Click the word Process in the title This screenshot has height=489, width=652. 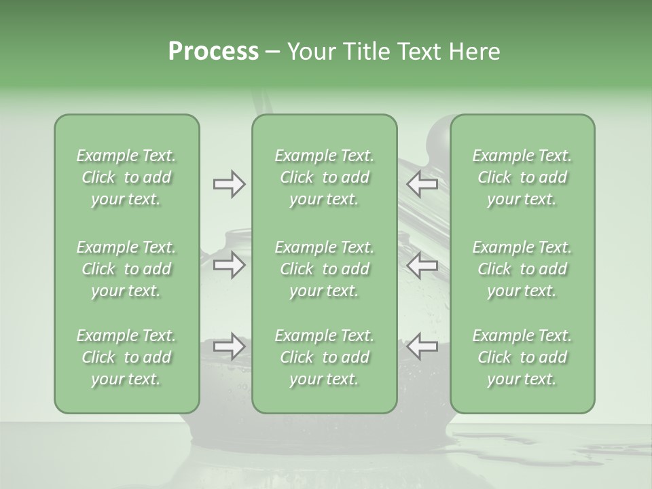(213, 52)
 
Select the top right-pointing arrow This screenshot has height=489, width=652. (229, 183)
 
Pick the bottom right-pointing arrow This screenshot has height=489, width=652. (229, 346)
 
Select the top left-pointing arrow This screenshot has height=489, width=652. (422, 183)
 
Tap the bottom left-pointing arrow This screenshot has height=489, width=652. (422, 346)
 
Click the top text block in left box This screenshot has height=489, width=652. (126, 177)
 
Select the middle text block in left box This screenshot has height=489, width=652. (126, 269)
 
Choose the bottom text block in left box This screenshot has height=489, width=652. (126, 357)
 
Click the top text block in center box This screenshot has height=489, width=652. (324, 177)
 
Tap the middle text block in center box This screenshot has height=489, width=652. (324, 269)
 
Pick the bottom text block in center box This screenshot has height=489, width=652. (324, 357)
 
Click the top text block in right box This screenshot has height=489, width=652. (522, 177)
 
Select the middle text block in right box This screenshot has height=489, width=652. (522, 269)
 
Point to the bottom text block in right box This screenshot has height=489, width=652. (522, 357)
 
